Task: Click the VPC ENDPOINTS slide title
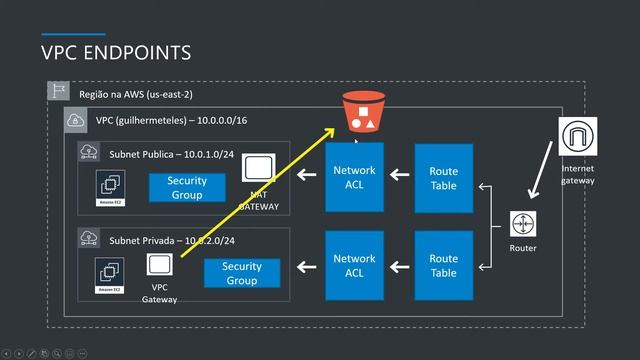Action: point(116,51)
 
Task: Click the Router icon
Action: point(522,224)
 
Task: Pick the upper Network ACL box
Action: point(355,178)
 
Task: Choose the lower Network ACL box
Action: point(355,265)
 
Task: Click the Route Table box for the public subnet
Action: point(443,178)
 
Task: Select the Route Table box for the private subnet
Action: point(443,265)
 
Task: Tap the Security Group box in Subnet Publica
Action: point(187,188)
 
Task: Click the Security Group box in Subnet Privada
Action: point(242,273)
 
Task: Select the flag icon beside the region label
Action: point(58,92)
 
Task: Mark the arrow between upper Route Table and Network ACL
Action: point(400,178)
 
